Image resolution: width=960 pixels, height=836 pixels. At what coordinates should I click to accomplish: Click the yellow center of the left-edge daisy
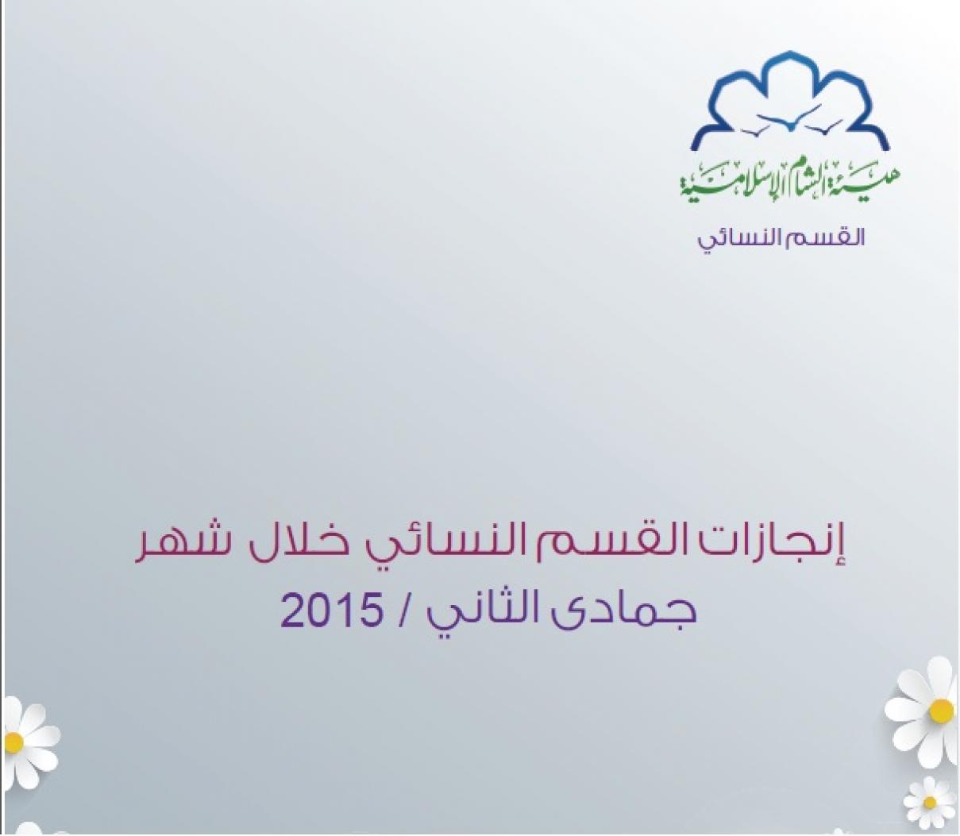pyautogui.click(x=14, y=742)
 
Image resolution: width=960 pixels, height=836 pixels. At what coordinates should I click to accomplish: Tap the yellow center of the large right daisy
pyautogui.click(x=941, y=711)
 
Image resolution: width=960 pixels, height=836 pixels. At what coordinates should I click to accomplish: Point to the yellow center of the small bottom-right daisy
pyautogui.click(x=930, y=803)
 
